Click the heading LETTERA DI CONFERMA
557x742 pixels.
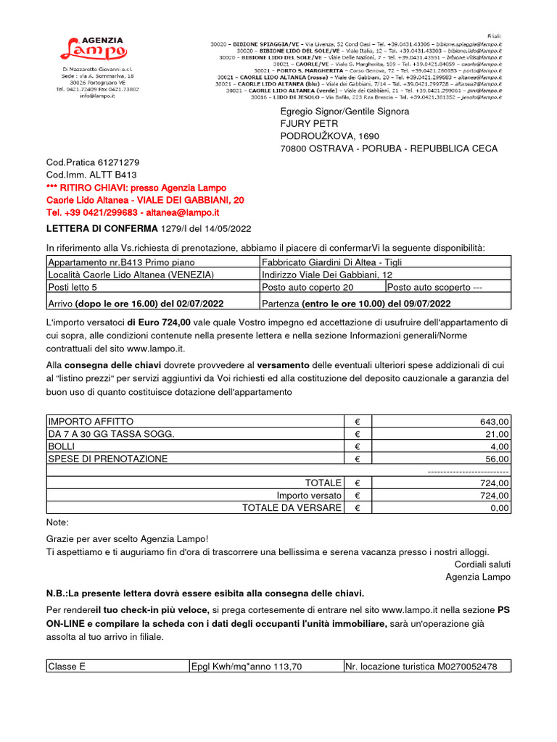[x=102, y=229]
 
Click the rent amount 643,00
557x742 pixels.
[x=495, y=422]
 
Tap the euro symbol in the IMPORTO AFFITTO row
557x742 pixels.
[x=357, y=422]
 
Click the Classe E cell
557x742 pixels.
[x=67, y=667]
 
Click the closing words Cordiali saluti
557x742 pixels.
[x=482, y=564]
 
